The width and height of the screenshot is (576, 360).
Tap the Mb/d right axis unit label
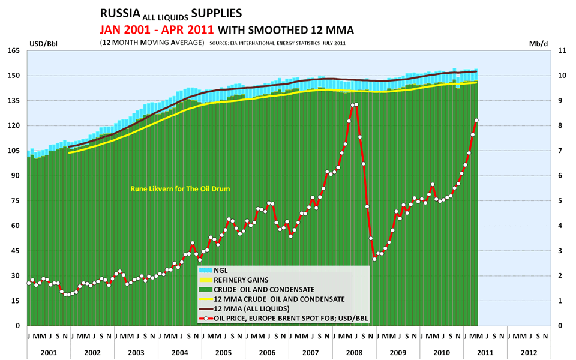click(536, 44)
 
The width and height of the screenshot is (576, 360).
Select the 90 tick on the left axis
click(17, 176)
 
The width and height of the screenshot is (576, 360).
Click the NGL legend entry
click(221, 270)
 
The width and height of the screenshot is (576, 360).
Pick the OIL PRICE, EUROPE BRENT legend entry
click(282, 318)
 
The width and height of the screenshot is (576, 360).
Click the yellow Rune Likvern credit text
click(181, 189)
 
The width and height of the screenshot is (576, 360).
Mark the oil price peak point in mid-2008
click(356, 104)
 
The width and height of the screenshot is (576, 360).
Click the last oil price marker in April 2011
click(476, 120)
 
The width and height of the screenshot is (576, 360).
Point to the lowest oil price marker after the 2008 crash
click(374, 259)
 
